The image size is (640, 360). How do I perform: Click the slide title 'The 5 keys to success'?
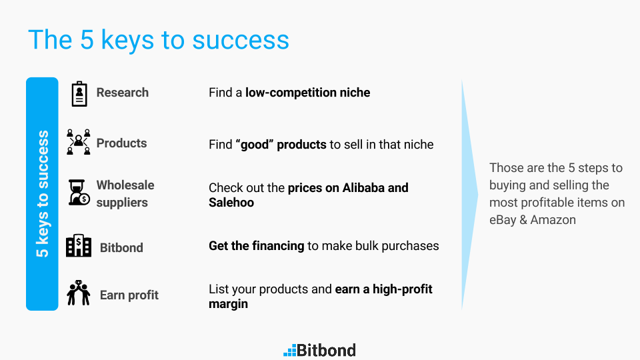[x=159, y=40]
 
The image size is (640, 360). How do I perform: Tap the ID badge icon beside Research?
[x=79, y=94]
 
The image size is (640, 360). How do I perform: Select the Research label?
[x=123, y=93]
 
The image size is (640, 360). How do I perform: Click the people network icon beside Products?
[x=79, y=142]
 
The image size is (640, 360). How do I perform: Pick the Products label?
[x=121, y=143]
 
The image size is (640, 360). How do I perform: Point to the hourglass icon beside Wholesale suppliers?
[x=79, y=192]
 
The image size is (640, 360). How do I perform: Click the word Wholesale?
[x=125, y=185]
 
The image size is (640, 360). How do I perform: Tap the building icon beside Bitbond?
[x=79, y=245]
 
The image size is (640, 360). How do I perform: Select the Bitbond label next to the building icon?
[x=121, y=248]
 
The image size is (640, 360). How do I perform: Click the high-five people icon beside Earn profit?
[x=79, y=293]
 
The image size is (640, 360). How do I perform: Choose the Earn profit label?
[x=129, y=295]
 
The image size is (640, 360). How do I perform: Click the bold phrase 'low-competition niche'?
[x=308, y=93]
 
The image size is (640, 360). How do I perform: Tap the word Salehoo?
[x=231, y=203]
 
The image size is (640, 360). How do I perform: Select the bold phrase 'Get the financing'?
[x=256, y=246]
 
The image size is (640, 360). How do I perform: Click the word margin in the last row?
[x=228, y=304]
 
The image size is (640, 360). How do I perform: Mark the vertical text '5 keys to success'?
[x=43, y=194]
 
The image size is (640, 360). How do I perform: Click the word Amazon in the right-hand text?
[x=553, y=220]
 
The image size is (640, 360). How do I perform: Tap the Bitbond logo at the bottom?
[x=319, y=350]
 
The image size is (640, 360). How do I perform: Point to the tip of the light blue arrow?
[x=478, y=195]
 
